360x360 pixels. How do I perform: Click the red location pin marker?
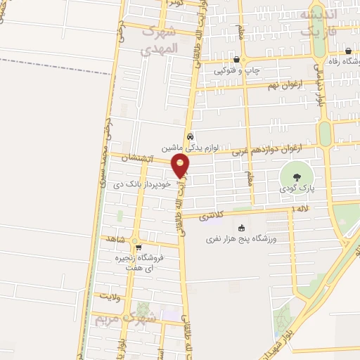181,165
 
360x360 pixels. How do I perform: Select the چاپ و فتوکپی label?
236,71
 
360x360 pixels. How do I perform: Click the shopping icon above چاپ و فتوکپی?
236,60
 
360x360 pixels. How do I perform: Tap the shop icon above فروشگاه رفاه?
349,51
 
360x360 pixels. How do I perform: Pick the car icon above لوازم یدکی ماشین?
190,136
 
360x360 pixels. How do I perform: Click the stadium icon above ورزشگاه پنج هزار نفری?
242,227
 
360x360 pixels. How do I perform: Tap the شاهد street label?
113,240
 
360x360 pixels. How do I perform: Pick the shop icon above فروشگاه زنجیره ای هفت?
138,247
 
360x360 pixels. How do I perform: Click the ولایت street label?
112,297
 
